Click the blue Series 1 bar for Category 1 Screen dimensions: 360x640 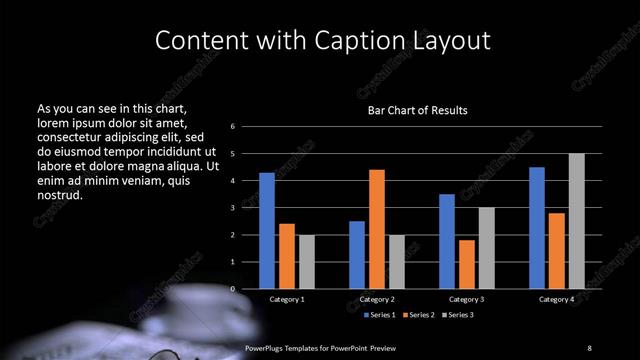(267, 231)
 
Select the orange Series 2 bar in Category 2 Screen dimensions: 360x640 (376, 229)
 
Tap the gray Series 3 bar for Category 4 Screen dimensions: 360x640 (576, 221)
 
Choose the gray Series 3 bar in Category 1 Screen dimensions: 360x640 (306, 262)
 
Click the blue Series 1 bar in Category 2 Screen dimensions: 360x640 (357, 255)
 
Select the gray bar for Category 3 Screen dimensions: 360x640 (486, 248)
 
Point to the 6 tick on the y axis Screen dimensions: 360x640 (232, 127)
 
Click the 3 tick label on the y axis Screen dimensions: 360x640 (232, 208)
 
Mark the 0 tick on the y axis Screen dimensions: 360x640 (232, 289)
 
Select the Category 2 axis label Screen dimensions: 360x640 (377, 299)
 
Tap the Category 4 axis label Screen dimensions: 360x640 (556, 299)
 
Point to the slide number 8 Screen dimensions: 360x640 (589, 347)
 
